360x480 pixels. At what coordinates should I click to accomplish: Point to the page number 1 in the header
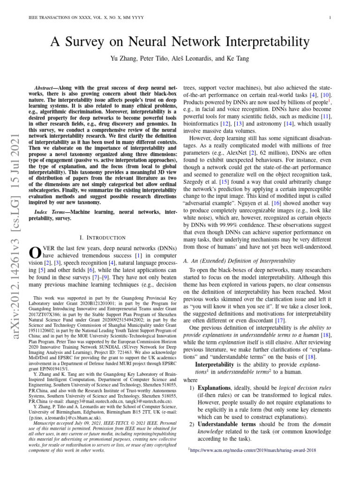(331, 18)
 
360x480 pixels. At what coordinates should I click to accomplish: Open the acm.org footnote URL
(252, 450)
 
